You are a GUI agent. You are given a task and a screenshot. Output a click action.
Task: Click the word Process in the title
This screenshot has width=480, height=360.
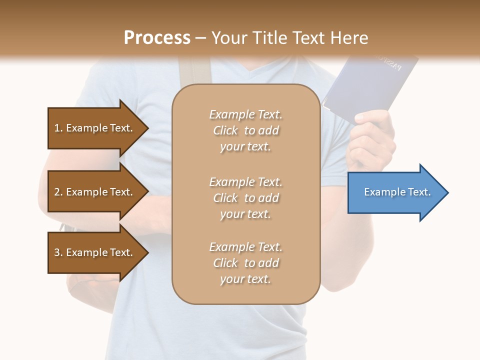[x=157, y=38]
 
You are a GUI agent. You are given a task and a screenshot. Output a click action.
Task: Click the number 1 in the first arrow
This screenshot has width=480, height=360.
[x=57, y=128]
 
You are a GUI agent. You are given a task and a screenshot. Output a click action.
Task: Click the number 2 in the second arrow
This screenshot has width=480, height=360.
[x=57, y=192]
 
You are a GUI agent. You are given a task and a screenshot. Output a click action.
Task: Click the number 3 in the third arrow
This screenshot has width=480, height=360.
[x=57, y=252]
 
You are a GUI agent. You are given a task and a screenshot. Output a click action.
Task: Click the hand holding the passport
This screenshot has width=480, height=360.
[x=372, y=137]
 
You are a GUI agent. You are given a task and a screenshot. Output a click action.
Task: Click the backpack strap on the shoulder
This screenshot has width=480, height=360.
[x=195, y=70]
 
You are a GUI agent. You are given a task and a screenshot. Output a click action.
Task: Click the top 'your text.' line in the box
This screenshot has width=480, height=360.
[x=245, y=147]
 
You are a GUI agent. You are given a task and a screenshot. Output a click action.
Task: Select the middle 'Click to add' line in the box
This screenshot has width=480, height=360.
[x=245, y=198]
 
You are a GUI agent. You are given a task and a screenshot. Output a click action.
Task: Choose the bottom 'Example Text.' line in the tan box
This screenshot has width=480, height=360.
[x=245, y=247]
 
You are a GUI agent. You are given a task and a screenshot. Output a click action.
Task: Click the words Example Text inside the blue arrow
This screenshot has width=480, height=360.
[x=397, y=192]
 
